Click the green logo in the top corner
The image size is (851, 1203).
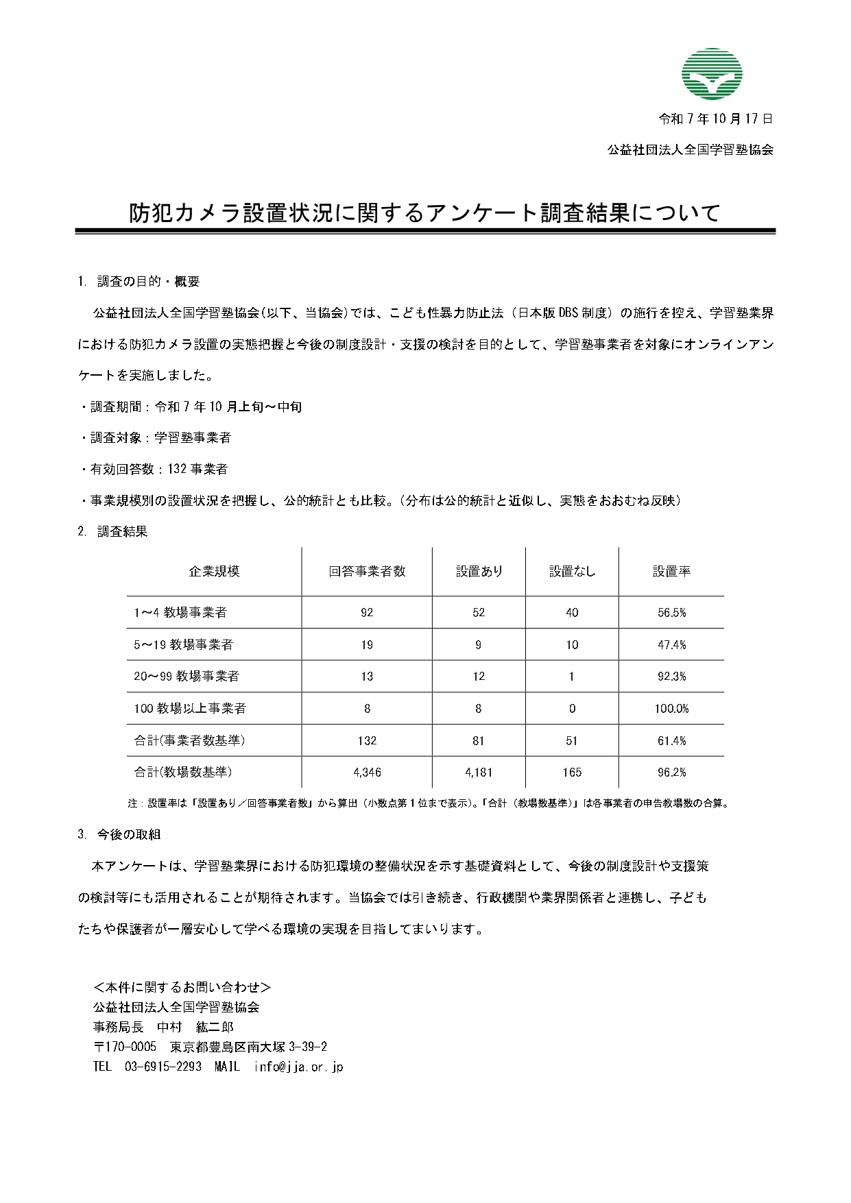712,74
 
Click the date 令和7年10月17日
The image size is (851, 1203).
715,119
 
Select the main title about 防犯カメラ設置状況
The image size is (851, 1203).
425,212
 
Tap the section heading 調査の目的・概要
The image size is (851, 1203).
147,281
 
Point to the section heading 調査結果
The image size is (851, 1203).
122,531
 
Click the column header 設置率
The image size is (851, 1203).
671,572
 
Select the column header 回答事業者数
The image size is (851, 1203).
367,572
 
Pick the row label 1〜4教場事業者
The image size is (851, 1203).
180,613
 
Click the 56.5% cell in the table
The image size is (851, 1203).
671,613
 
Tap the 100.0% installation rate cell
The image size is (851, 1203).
671,709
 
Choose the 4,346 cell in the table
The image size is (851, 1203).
367,773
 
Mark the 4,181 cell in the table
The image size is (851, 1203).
479,773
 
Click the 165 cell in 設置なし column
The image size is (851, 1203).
572,773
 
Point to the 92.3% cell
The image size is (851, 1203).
671,677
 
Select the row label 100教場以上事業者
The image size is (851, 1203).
190,709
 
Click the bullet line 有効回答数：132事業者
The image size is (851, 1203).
159,470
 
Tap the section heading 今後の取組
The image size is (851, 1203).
128,834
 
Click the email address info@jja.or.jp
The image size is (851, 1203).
298,1067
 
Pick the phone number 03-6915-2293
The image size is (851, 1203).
163,1067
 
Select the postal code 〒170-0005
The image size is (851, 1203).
125,1047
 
